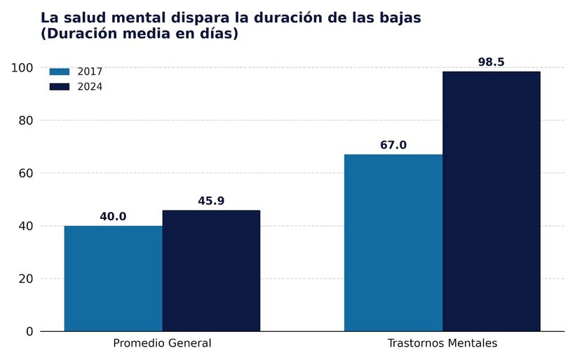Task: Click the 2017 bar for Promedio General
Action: pos(113,279)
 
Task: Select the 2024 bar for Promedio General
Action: pos(211,271)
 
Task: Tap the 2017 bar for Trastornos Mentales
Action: pos(393,243)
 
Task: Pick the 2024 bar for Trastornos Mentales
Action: pos(491,201)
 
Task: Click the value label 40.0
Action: pos(113,217)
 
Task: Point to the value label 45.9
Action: pos(211,201)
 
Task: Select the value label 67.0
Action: pos(393,145)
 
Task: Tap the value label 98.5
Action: pos(491,62)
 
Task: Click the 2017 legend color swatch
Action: pos(60,72)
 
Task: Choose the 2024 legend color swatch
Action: pos(60,87)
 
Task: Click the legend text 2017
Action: pos(90,72)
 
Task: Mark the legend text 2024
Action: pos(90,87)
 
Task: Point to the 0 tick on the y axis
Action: pos(29,331)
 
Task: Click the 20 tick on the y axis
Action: pos(25,279)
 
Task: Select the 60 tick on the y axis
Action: pos(25,173)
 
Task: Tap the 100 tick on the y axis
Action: pos(22,67)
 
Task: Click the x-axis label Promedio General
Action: pos(162,344)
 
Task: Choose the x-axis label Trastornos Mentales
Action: pos(442,344)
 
